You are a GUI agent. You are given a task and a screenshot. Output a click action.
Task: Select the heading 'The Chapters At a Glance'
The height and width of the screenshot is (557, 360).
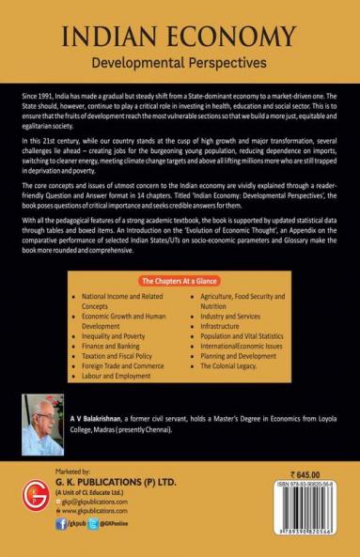pos(179,280)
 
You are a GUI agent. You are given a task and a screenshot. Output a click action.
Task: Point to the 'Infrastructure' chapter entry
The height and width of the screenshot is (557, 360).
pos(230,333)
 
